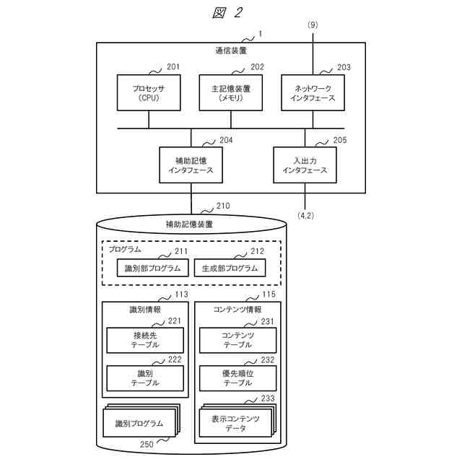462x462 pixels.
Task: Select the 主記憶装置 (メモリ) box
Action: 230,93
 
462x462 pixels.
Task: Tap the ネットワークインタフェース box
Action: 312,93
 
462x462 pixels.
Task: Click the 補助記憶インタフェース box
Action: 191,165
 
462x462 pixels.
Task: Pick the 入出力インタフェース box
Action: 305,165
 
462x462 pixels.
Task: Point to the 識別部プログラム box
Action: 152,269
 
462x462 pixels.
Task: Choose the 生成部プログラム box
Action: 230,269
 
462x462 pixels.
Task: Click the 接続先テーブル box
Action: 145,340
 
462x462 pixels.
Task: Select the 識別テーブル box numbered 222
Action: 145,378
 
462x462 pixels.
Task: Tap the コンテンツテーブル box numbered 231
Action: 237,340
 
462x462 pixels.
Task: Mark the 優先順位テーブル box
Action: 237,378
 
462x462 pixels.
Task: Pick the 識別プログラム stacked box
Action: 139,423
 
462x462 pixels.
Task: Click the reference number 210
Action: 222,206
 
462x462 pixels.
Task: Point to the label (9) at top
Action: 312,25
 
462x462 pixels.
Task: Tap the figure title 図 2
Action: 227,12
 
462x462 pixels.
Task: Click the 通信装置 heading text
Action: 230,51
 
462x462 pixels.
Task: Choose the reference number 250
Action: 146,445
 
